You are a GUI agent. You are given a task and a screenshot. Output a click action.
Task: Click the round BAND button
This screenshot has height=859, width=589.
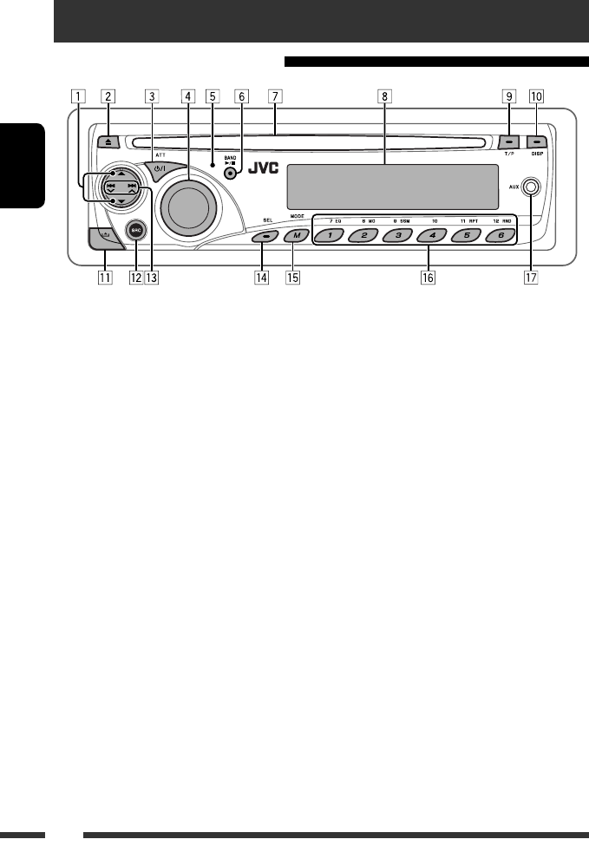click(x=231, y=173)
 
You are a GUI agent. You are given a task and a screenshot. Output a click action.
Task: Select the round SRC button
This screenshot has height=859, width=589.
click(x=134, y=231)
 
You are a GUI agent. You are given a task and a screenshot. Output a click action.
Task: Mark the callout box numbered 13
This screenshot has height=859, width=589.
click(x=151, y=279)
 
